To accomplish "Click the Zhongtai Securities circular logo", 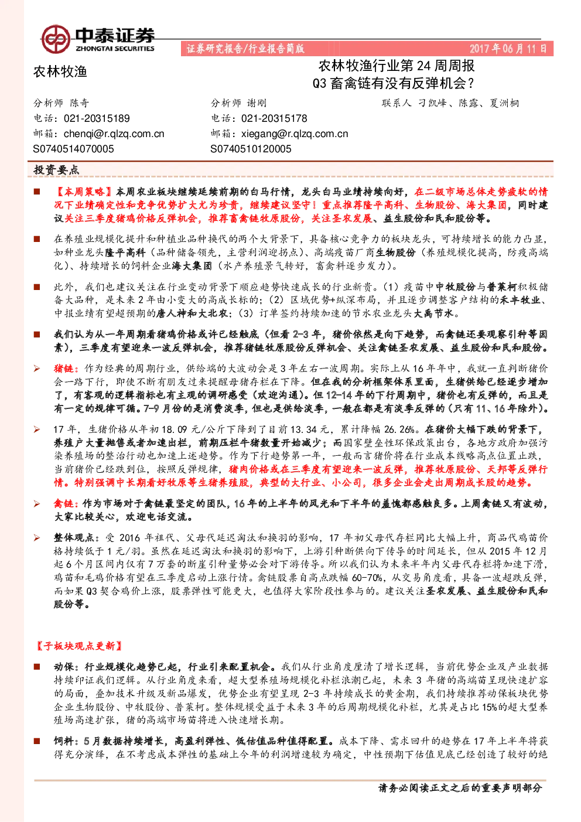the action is (x=56, y=39).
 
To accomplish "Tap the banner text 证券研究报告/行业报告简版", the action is (x=245, y=49).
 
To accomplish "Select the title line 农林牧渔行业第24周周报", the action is (x=397, y=66).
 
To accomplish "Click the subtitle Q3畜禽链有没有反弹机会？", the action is (x=393, y=83).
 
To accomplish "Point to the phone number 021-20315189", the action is (x=97, y=118).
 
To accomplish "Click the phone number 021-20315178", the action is (x=274, y=118).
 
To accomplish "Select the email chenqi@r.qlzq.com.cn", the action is (x=114, y=134).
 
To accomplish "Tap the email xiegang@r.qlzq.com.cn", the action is (x=295, y=134).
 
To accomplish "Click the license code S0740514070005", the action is (x=73, y=149).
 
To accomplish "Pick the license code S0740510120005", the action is (x=251, y=149).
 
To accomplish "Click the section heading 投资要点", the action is (x=56, y=169).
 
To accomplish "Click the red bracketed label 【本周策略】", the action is (x=84, y=192).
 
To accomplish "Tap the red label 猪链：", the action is (x=66, y=369).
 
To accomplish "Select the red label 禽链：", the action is (x=66, y=503).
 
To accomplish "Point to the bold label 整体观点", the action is (x=74, y=538).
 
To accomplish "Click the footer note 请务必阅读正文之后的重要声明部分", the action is (x=460, y=787).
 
